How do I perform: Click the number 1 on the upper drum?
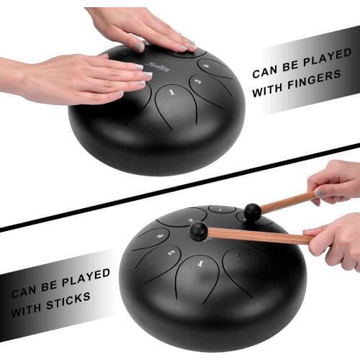pos(171,93)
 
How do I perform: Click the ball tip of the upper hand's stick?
pos(252,212)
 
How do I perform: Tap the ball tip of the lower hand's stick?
pos(198,230)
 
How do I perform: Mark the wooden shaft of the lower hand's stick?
pos(259,235)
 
